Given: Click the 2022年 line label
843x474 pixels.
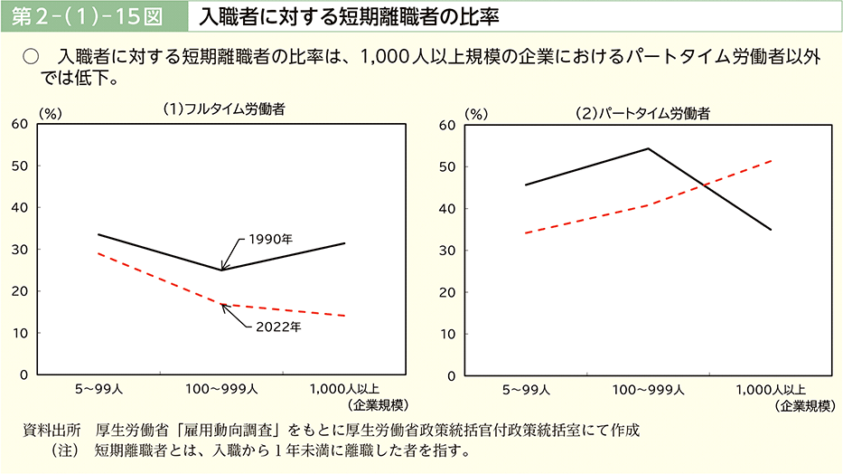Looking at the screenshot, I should (x=277, y=326).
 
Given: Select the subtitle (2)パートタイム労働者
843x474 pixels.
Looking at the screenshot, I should (x=643, y=114).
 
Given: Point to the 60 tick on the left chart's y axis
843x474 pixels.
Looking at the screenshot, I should (x=19, y=124).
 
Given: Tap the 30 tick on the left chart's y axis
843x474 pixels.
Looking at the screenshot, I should (x=19, y=249).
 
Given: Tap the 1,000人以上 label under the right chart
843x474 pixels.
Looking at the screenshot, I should (x=773, y=390).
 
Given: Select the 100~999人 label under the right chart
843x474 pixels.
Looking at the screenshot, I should (x=648, y=390).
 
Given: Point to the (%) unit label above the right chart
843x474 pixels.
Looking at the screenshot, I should (x=475, y=114).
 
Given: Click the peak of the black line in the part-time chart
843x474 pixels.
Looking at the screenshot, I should (x=648, y=148).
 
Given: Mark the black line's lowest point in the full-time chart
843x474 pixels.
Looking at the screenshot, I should (x=221, y=270).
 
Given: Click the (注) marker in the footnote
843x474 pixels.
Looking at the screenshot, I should (x=69, y=450).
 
